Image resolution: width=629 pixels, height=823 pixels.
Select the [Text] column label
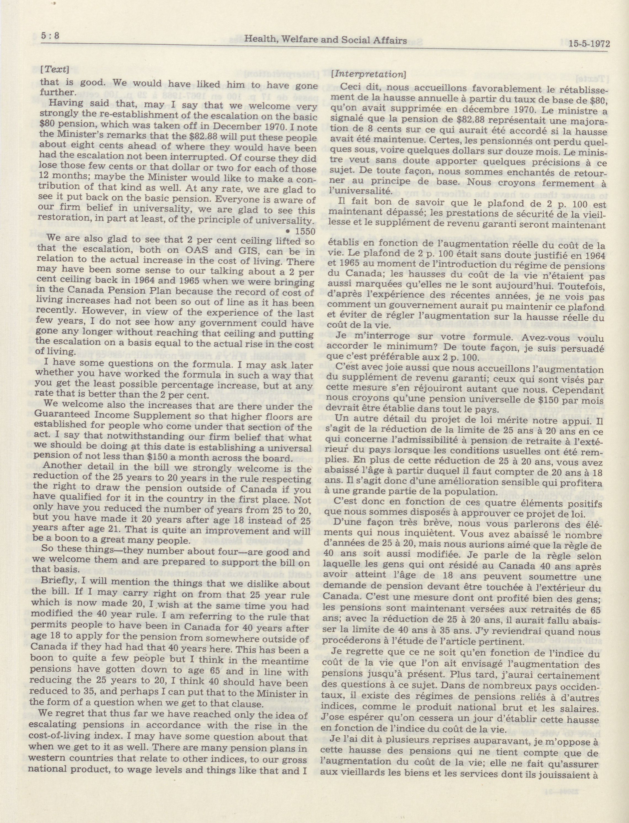click(x=55, y=69)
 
